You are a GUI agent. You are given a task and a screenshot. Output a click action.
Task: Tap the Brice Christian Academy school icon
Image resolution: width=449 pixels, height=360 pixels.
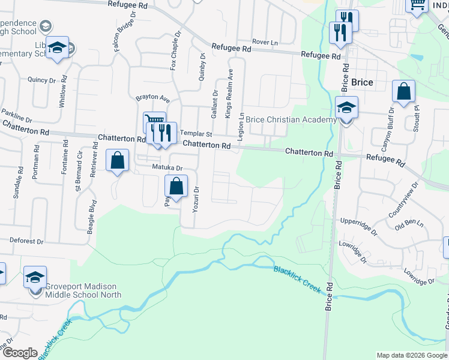(346, 109)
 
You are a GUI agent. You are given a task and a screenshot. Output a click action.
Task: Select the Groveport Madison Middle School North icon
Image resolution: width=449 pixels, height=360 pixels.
(35, 278)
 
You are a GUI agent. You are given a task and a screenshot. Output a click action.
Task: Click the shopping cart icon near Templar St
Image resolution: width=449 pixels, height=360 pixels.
(155, 122)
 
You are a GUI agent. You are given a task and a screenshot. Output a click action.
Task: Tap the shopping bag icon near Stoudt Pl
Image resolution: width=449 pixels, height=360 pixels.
(404, 92)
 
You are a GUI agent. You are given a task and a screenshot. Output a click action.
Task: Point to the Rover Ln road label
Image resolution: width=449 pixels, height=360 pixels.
(265, 42)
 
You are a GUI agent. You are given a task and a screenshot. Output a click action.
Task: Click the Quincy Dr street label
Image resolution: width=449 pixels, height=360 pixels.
(41, 79)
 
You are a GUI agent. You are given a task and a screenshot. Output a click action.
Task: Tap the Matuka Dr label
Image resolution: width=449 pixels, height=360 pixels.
(166, 168)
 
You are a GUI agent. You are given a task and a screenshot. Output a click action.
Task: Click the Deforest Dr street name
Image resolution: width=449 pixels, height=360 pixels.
(27, 241)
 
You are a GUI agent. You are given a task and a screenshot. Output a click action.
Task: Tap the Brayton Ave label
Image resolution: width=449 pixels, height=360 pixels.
(152, 98)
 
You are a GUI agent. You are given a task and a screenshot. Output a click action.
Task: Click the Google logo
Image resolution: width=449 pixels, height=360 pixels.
(20, 353)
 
